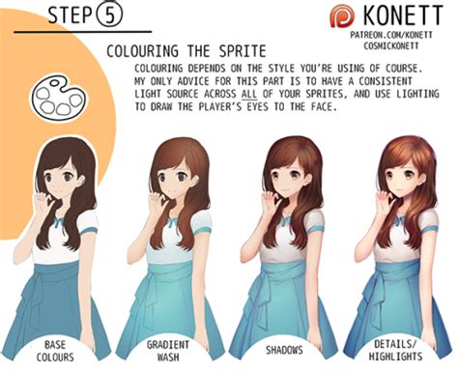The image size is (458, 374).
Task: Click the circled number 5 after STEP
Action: click(109, 15)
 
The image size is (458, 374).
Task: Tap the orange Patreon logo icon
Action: click(342, 16)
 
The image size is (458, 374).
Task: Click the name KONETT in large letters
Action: click(403, 15)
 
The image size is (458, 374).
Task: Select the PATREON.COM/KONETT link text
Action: click(391, 35)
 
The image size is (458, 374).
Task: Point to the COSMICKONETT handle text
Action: click(391, 46)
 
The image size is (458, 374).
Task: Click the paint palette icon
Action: click(59, 98)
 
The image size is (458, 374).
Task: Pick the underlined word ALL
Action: click(249, 94)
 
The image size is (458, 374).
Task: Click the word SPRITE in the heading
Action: click(243, 51)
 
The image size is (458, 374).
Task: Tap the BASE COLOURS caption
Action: click(55, 351)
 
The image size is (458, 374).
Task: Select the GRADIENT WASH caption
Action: click(168, 351)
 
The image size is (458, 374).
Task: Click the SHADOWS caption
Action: click(284, 350)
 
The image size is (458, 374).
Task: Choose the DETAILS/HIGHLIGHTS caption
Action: click(395, 350)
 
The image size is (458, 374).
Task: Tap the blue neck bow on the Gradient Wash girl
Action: click(173, 221)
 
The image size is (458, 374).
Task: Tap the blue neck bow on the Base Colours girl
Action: click(60, 221)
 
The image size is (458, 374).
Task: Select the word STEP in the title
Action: click(70, 15)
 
